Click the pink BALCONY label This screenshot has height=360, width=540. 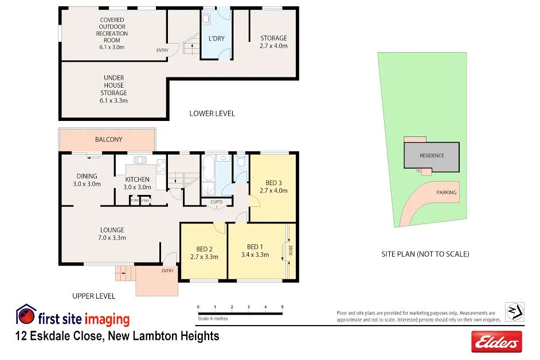108,139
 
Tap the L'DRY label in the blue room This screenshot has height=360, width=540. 216,38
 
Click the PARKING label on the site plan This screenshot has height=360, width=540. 447,193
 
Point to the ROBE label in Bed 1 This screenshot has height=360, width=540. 291,251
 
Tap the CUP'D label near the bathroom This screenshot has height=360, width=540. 217,202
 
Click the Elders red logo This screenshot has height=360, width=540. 496,342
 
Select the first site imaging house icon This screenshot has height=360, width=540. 25,314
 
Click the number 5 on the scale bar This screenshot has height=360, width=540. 282,307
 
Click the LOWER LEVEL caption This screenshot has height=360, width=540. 212,114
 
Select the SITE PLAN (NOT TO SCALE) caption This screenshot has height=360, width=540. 425,254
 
